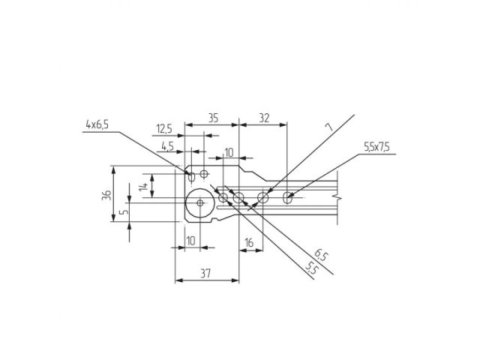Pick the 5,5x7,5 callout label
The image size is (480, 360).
point(376,148)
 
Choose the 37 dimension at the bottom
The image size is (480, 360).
point(206,274)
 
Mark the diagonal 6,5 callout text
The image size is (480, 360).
point(321,256)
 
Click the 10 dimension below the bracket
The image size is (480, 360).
point(190,241)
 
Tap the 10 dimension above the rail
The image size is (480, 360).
point(229,152)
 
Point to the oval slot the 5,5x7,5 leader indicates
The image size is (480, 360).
point(289,198)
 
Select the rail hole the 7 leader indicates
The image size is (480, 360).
point(263,199)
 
